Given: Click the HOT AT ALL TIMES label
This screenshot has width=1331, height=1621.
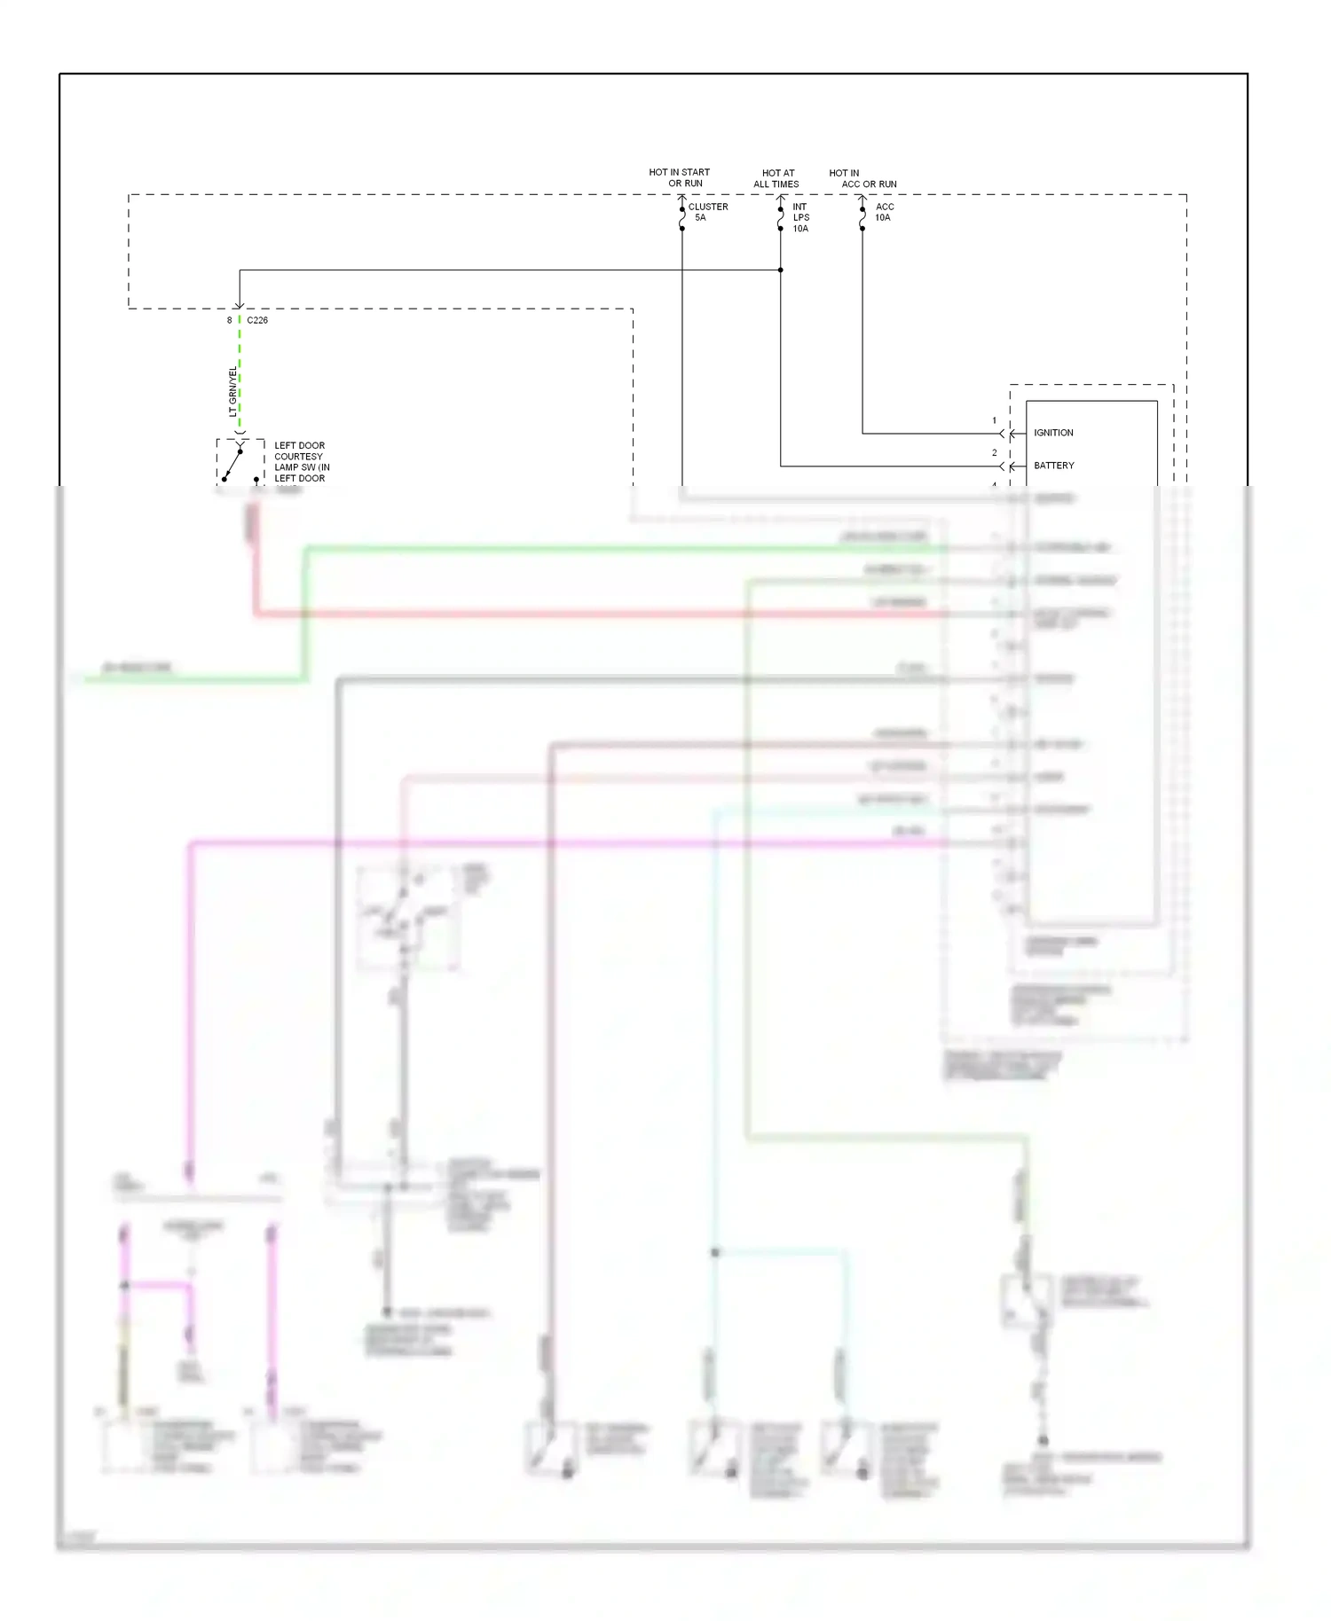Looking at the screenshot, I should coord(777,178).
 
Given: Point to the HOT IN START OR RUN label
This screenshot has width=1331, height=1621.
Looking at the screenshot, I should coord(680,177).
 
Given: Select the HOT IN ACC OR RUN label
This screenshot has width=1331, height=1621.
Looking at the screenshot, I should coord(862,178).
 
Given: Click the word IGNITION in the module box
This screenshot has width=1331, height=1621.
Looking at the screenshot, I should coord(1053,433).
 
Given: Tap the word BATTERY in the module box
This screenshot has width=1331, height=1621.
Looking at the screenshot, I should coord(1053,466).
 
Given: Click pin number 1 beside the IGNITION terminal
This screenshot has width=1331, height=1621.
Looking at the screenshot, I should coord(994,420).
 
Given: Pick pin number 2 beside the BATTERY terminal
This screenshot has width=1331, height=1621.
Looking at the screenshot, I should coord(994,452).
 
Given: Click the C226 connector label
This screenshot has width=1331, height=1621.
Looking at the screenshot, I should coord(257,320).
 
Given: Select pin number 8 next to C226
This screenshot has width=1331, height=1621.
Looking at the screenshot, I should coord(229,320).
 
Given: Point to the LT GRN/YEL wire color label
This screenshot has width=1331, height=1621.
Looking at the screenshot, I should coord(232,391).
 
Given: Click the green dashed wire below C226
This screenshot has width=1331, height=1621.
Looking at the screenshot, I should coord(240,372).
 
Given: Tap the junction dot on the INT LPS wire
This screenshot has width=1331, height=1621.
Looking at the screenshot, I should coord(781,270).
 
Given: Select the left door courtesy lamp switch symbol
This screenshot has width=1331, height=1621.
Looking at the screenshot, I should coord(240,462).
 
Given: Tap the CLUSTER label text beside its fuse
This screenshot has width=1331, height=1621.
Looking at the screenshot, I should coord(708,207).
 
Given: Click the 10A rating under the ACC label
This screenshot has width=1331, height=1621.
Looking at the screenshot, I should coord(883,217).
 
